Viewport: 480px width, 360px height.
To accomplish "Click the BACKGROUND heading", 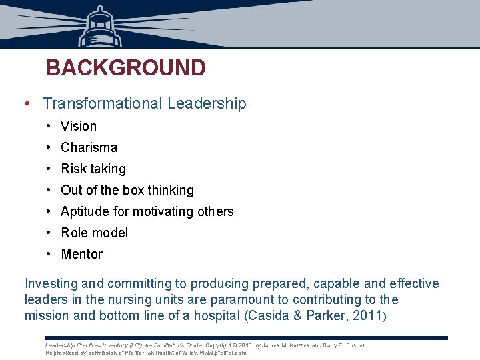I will pos(125,68).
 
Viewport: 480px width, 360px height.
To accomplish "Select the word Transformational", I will pos(103,104).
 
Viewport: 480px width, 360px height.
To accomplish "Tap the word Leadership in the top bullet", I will pos(207,104).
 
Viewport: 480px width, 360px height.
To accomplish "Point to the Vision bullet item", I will pos(79,126).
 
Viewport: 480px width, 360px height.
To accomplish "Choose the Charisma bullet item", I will pos(89,147).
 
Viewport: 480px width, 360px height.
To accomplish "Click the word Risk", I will pos(73,169).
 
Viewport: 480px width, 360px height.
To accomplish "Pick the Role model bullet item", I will pos(94,233).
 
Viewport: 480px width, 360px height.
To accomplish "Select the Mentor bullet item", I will pos(81,254).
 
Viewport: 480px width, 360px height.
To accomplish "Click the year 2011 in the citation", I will pos(365,315).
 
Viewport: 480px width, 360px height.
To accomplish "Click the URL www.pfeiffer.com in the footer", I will pos(223,353).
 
